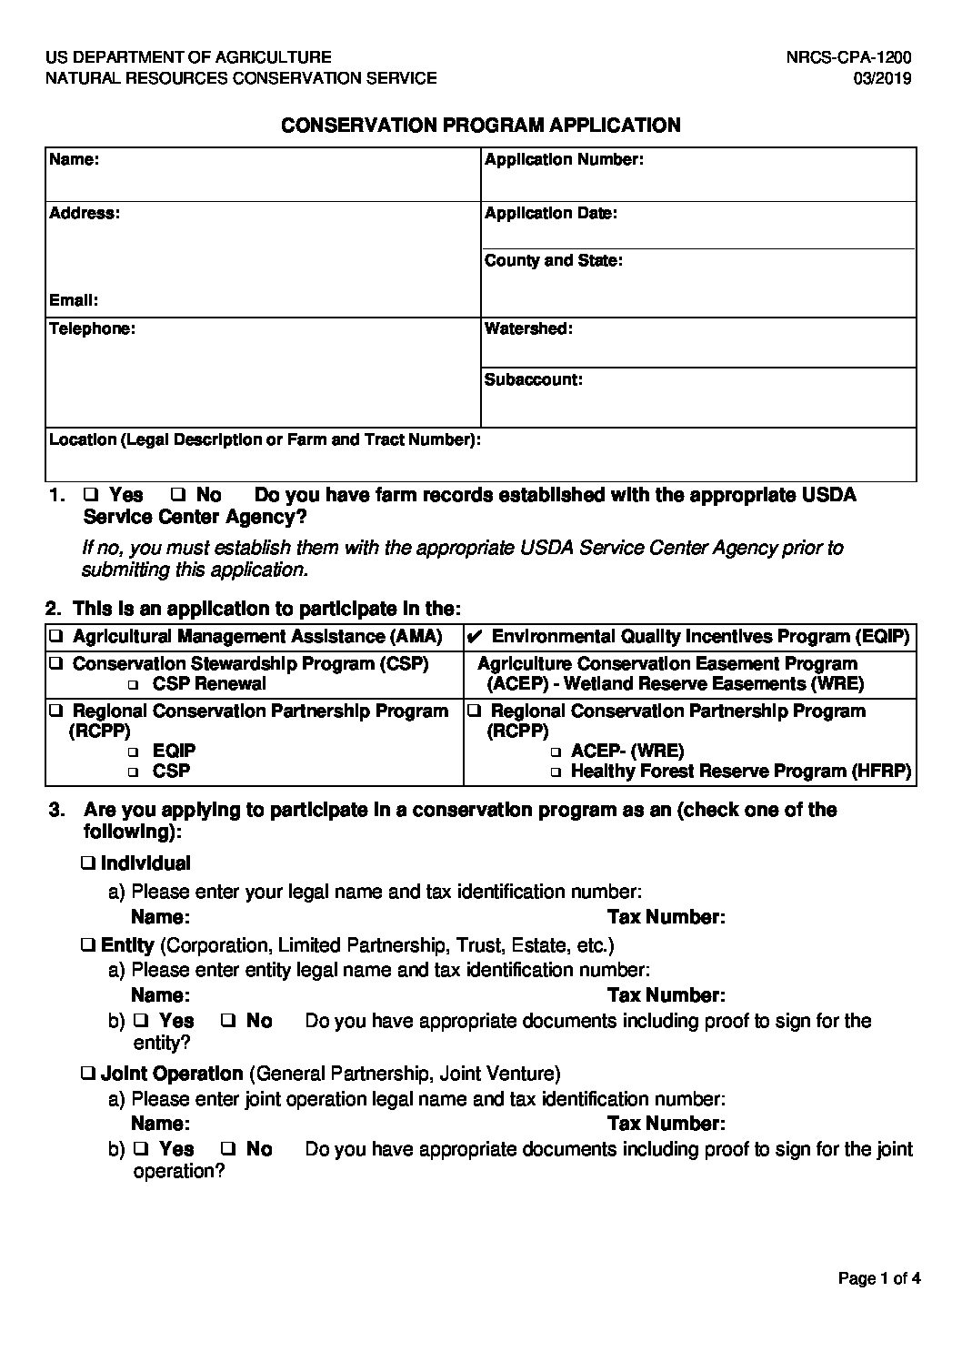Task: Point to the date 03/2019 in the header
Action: pyautogui.click(x=882, y=78)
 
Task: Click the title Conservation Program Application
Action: pyautogui.click(x=481, y=126)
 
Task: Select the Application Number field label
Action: pyautogui.click(x=564, y=160)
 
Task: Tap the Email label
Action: pyautogui.click(x=74, y=300)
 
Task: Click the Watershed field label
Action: pyautogui.click(x=528, y=328)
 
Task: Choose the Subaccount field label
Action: pyautogui.click(x=533, y=379)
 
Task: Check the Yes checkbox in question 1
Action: pyautogui.click(x=90, y=496)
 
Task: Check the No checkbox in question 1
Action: pyautogui.click(x=178, y=496)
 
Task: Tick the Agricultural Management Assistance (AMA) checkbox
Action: pyautogui.click(x=56, y=636)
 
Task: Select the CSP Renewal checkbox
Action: pyautogui.click(x=135, y=684)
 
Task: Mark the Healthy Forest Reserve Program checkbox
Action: pyautogui.click(x=556, y=772)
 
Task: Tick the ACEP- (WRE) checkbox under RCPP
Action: pyautogui.click(x=556, y=752)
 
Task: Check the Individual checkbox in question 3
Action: pyautogui.click(x=89, y=863)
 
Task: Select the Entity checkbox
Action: pyautogui.click(x=89, y=945)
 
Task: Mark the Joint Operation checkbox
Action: pyautogui.click(x=89, y=1074)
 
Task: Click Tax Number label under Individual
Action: pyautogui.click(x=666, y=917)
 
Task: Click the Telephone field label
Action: pyautogui.click(x=92, y=328)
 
